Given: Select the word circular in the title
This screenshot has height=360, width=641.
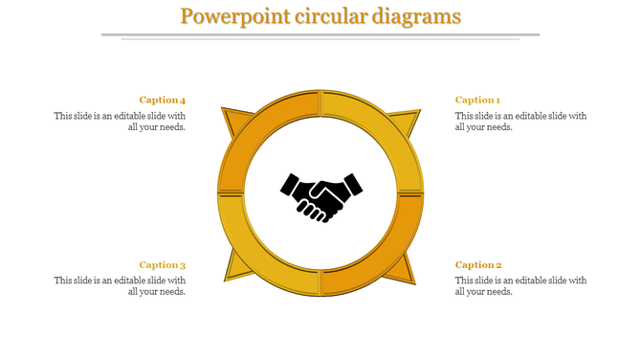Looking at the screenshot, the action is coord(319,17).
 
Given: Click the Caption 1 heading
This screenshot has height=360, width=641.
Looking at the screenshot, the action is coord(477,100).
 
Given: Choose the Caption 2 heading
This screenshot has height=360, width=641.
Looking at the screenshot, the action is coord(478,265).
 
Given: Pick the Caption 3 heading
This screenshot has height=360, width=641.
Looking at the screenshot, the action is coord(163,265).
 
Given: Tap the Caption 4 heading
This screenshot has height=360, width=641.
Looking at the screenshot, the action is coord(163,100).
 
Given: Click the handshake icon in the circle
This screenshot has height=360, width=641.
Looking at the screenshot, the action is coord(321,195).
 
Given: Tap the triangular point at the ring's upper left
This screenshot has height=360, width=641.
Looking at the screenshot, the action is coord(232,121).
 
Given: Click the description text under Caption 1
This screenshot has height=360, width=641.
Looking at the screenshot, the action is coord(520,122).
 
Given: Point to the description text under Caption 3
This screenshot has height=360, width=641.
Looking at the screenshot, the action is coord(120,286).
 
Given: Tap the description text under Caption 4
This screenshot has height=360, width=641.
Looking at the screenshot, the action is coord(120,122).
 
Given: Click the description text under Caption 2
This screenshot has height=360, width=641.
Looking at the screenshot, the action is coord(520,286).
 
